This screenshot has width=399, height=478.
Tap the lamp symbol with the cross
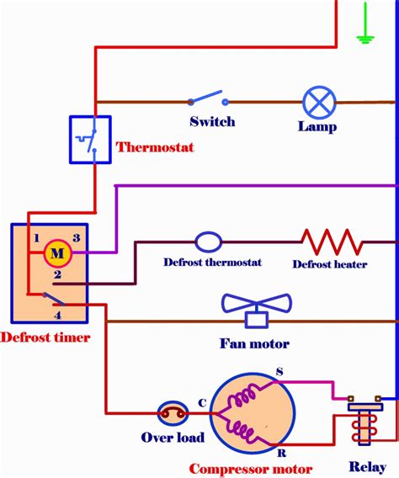click(317, 103)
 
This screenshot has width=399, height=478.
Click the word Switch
click(212, 122)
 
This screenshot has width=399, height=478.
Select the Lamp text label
click(317, 127)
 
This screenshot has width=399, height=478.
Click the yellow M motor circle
click(57, 252)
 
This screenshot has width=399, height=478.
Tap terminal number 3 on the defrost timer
click(76, 238)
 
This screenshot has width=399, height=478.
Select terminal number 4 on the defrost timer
click(58, 315)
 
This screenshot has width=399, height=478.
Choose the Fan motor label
click(255, 343)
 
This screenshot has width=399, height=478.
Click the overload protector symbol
click(172, 412)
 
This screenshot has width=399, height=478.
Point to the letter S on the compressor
click(280, 373)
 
